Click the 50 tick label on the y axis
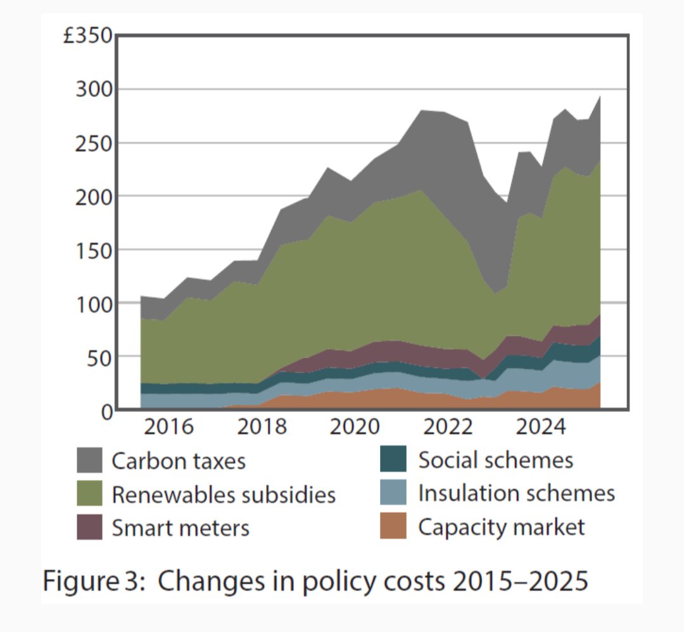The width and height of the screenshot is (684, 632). point(99,357)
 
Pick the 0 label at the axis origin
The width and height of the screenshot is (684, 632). point(106,411)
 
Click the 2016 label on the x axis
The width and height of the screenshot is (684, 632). point(168,426)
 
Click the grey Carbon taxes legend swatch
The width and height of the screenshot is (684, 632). point(90,460)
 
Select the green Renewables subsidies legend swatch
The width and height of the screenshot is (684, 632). point(90,494)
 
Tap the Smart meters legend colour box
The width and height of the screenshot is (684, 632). point(90,527)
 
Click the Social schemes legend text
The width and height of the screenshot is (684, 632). point(495,460)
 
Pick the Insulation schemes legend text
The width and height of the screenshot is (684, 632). point(516,493)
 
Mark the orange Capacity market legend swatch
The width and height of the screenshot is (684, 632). point(393,527)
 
